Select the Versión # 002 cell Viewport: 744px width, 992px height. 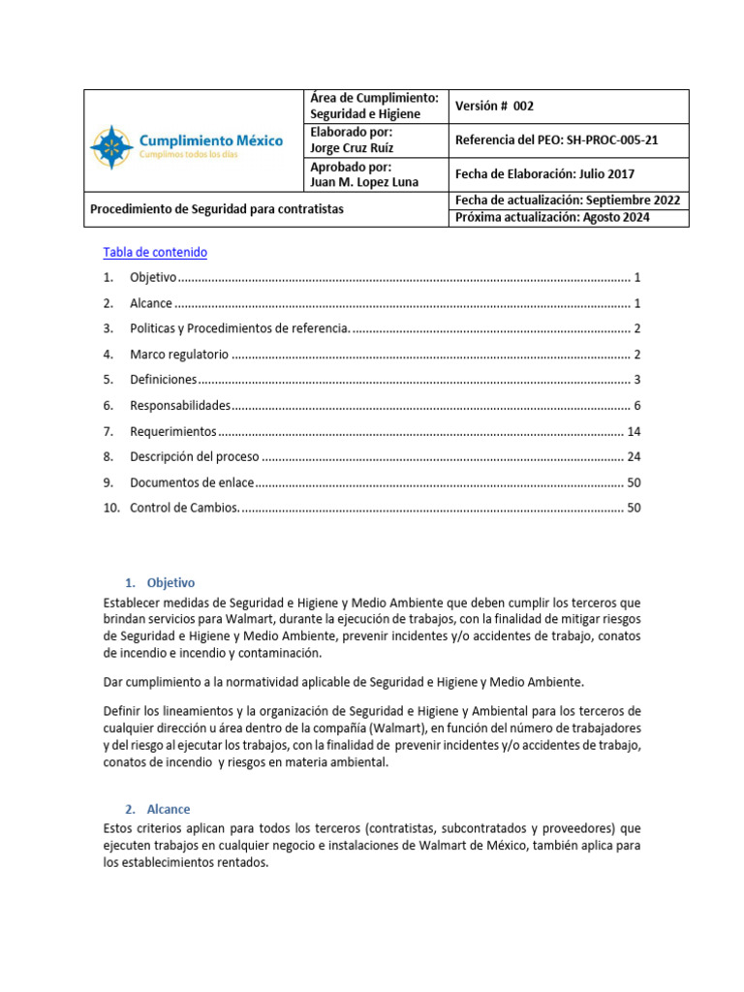click(494, 107)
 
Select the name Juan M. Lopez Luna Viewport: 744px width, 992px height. click(362, 182)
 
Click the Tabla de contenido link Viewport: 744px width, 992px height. click(155, 252)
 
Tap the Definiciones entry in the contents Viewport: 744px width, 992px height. click(163, 379)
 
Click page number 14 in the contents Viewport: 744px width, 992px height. click(634, 431)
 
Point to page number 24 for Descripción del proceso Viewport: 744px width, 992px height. click(634, 456)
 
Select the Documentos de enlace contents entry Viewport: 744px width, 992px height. click(192, 481)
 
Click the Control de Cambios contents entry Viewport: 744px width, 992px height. click(183, 507)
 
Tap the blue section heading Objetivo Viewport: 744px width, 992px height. click(170, 583)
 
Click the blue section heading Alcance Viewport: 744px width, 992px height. click(169, 809)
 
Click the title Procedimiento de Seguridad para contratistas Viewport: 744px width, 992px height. click(216, 209)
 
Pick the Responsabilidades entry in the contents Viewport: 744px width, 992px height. click(180, 405)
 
